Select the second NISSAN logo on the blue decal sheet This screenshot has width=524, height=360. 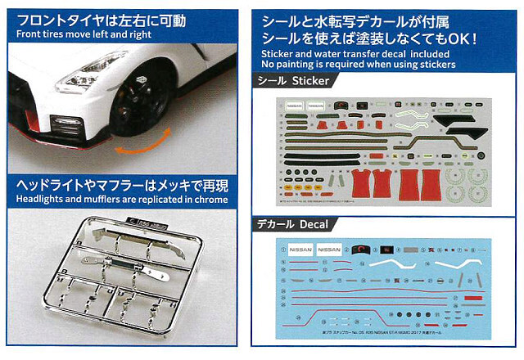(329, 250)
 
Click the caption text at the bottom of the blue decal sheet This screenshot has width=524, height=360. (368, 335)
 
